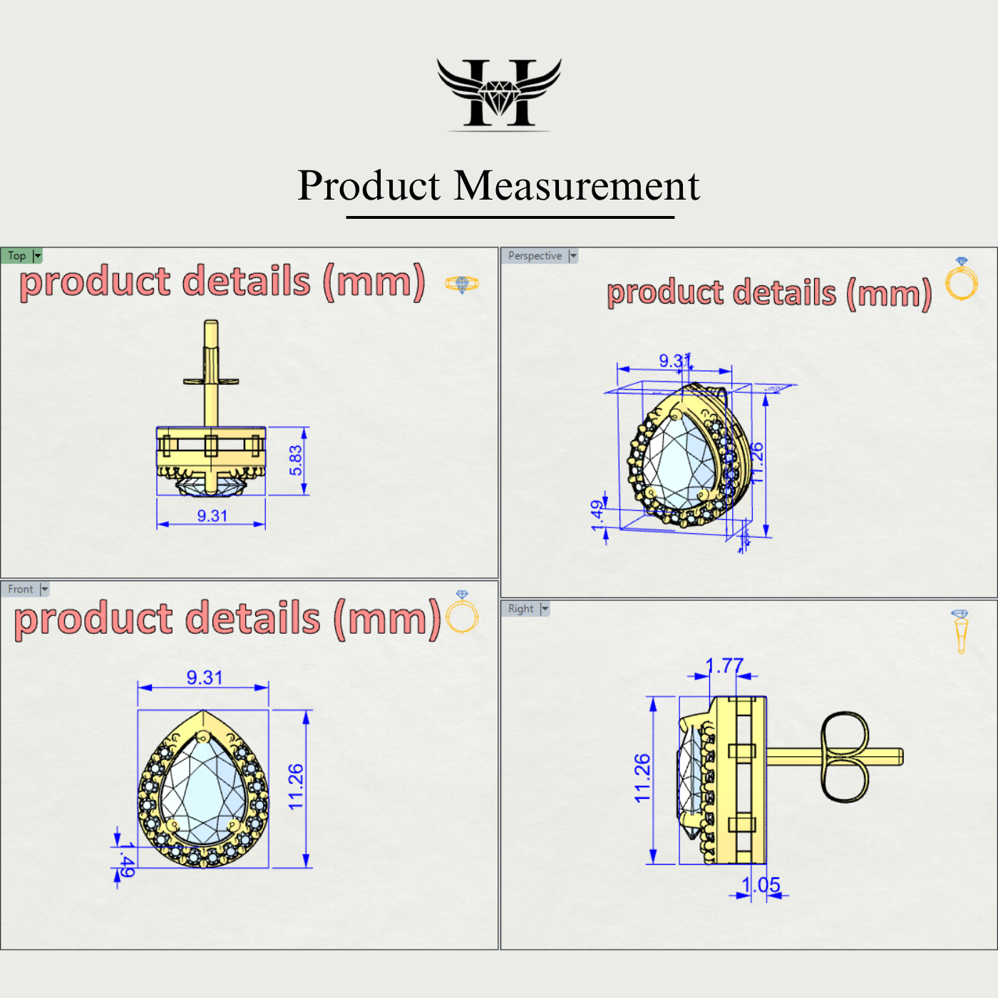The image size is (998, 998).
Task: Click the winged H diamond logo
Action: [x=499, y=93]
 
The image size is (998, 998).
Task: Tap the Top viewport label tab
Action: [x=17, y=256]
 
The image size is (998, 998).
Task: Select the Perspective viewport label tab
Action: [x=535, y=256]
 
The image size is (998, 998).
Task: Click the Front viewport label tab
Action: [x=21, y=590]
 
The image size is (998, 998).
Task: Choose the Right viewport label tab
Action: [x=520, y=609]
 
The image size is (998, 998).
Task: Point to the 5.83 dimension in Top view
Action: [x=296, y=461]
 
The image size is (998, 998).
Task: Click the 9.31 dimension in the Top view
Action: [x=212, y=516]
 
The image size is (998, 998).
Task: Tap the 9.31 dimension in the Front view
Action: [x=205, y=677]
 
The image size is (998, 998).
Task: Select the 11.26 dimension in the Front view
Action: [x=296, y=787]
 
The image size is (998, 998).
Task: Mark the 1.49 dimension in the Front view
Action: [x=126, y=860]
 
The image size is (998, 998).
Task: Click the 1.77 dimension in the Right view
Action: [x=724, y=666]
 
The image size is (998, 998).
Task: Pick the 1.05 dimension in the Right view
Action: [x=761, y=885]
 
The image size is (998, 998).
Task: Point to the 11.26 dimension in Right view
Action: [x=642, y=778]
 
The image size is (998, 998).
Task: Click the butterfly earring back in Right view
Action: [x=845, y=756]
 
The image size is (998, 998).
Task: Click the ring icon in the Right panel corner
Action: [x=960, y=631]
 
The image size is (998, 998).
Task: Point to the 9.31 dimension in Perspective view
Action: [x=674, y=361]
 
